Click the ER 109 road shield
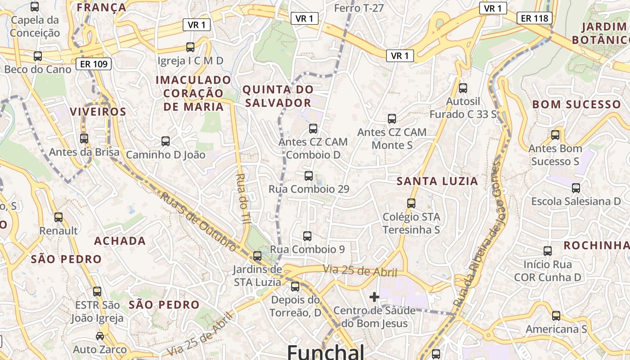coord(94,64)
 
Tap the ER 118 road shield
coord(535,18)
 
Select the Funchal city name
coord(325,351)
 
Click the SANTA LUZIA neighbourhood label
coord(437,181)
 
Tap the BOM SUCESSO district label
coord(576,104)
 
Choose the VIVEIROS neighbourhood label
coord(98,112)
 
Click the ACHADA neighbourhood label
coord(120,241)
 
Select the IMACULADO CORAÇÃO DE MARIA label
coord(193,93)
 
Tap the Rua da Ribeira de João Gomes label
coord(478,234)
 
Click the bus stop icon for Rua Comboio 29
coord(308,175)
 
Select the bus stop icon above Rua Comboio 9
coord(307,236)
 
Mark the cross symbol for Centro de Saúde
coord(374,297)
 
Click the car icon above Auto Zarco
coord(100,336)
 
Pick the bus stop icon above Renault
coord(58,217)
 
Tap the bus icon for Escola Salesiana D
coord(576,188)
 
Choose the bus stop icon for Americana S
coord(556,315)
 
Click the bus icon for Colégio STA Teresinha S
coord(411,203)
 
